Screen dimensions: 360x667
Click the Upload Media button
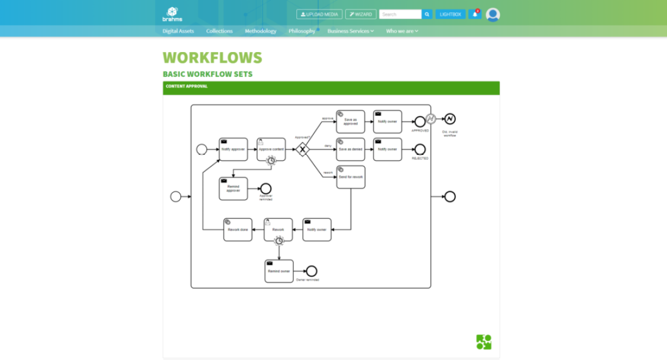point(319,14)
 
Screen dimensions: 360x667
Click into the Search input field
point(400,14)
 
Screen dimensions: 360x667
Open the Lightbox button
point(451,14)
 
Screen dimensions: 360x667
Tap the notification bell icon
point(475,14)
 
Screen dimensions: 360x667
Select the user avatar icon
point(493,15)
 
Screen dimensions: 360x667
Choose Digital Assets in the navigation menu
point(178,31)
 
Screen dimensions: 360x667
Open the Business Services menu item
point(350,31)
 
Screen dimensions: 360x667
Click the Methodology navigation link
point(260,31)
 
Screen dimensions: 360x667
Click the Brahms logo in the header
point(172,14)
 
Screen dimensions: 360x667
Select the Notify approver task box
point(233,150)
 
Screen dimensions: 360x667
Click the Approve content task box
point(271,150)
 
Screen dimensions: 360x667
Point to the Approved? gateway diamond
point(303,150)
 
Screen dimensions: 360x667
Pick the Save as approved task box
point(351,122)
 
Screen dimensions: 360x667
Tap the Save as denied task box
point(351,150)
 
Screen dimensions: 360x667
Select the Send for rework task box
point(351,177)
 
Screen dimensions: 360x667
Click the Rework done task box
point(238,229)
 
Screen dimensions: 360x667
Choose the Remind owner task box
point(279,271)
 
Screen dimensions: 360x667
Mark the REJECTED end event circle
point(420,150)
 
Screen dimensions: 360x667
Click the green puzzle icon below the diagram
point(484,342)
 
